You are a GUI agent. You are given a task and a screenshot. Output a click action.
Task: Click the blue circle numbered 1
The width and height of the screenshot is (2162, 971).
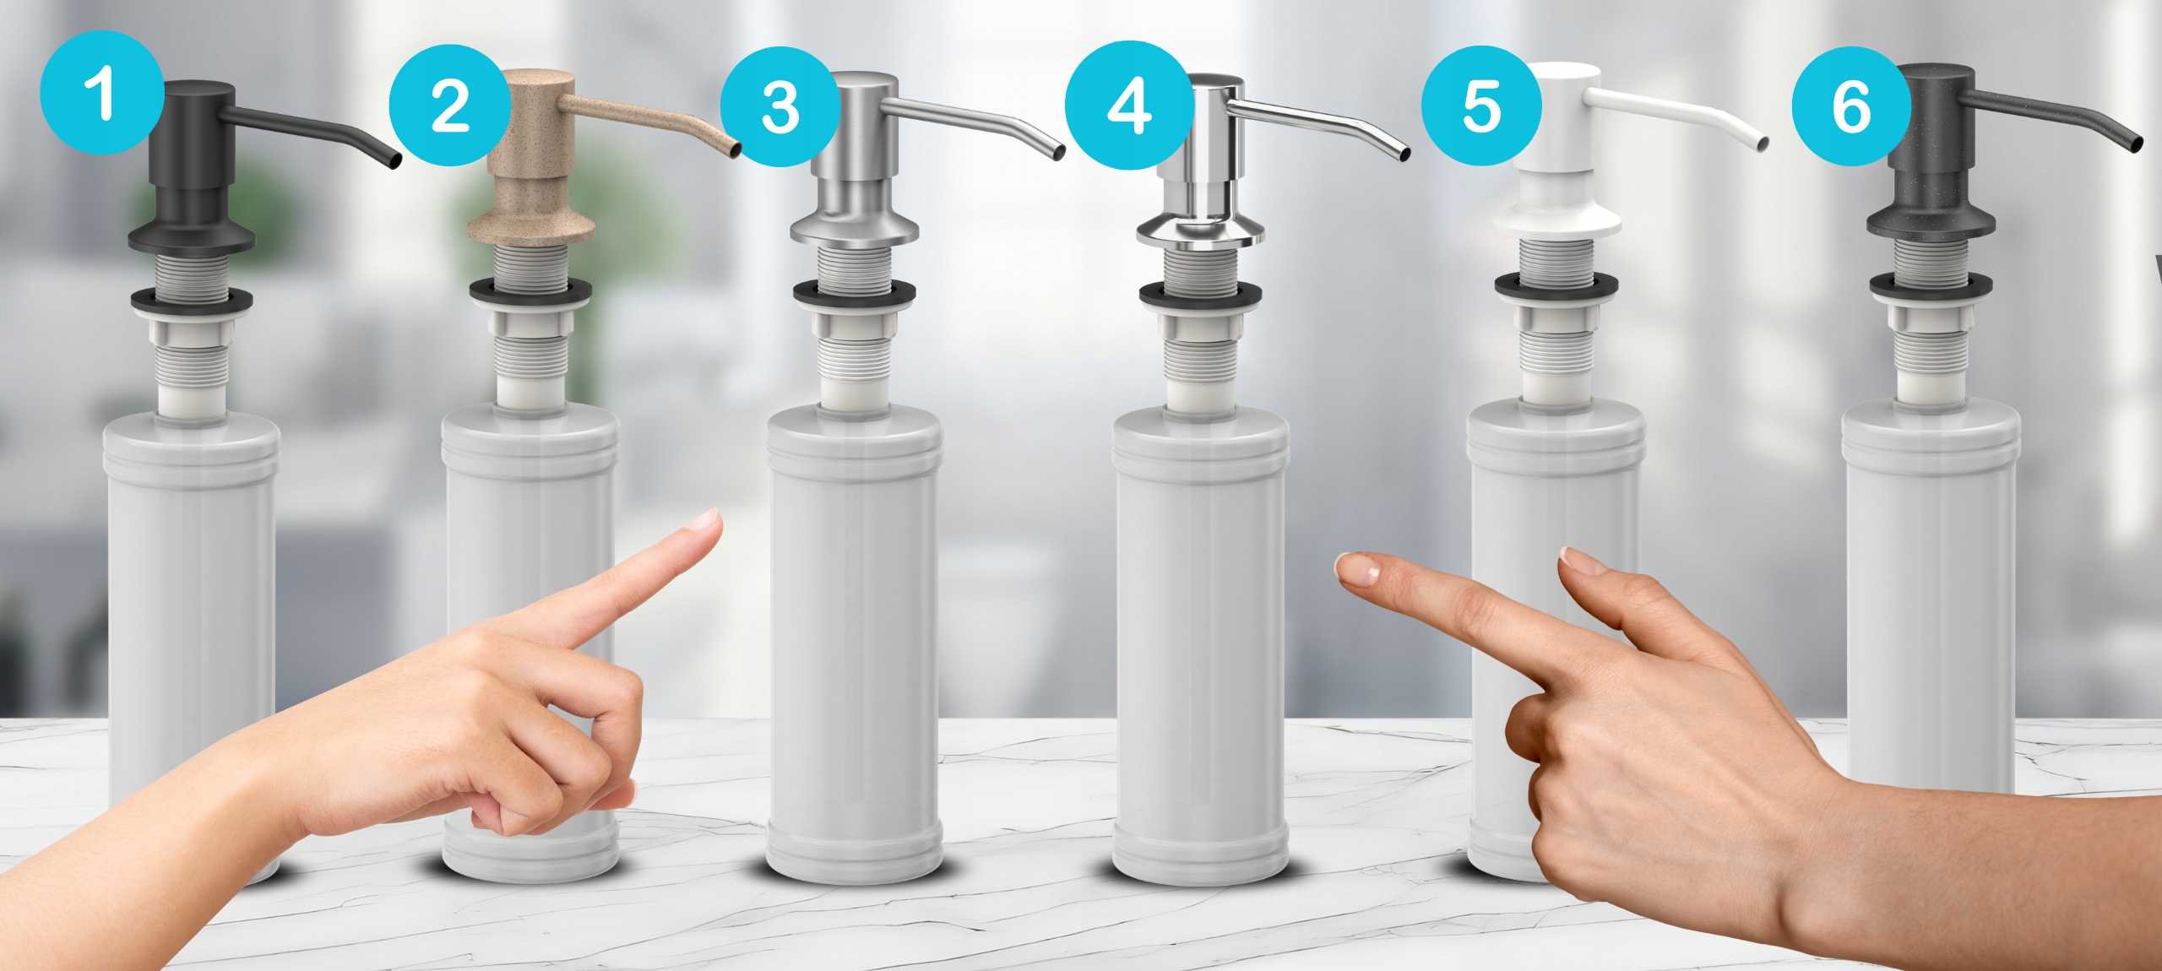click(102, 93)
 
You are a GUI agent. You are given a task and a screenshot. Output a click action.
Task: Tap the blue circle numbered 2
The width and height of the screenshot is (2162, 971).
click(450, 106)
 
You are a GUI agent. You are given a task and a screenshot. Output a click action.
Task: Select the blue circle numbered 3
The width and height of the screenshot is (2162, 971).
click(781, 107)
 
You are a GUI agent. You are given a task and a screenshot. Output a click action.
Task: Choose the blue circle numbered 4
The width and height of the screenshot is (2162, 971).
click(1129, 106)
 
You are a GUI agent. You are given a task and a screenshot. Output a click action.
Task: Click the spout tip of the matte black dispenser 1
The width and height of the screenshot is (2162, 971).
click(394, 160)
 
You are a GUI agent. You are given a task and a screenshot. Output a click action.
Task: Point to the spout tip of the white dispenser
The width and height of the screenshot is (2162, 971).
click(1763, 144)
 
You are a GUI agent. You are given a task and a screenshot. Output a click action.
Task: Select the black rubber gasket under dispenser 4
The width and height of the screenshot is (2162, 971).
click(1200, 295)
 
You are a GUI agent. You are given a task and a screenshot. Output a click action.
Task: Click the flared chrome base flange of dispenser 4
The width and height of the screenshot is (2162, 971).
click(1200, 231)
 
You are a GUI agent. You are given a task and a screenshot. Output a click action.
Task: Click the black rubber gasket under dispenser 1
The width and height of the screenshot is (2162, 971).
click(192, 299)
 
